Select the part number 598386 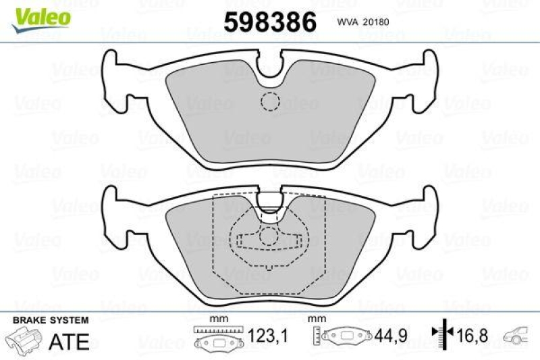[x=269, y=22]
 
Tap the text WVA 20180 [x=365, y=22]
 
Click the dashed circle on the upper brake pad [x=270, y=101]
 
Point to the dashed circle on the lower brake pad [x=270, y=236]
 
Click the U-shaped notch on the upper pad [x=270, y=68]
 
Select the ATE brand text [x=70, y=341]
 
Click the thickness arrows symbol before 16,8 [x=441, y=334]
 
